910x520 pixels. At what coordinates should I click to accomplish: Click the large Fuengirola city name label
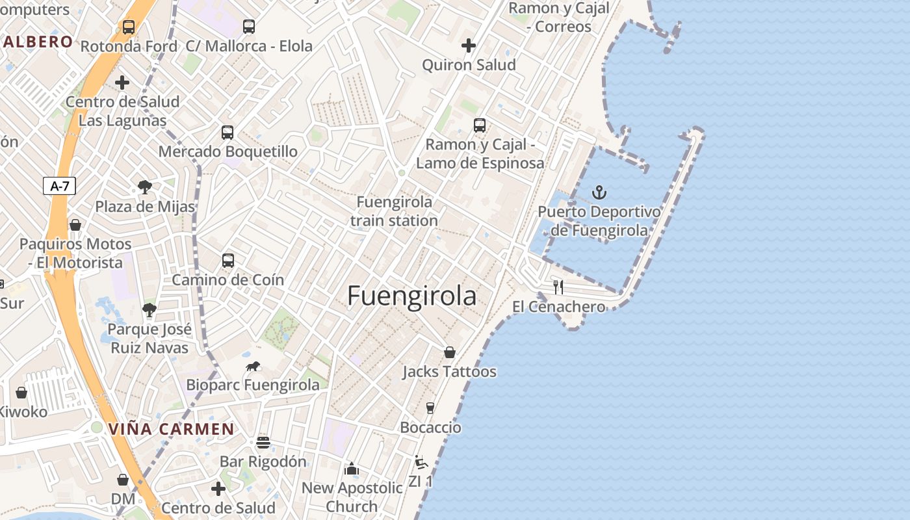[x=411, y=296]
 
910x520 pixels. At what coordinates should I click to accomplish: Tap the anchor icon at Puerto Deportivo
[x=599, y=192]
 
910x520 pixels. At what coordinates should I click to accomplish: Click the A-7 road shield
[x=59, y=186]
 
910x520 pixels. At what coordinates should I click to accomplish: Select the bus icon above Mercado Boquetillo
[x=227, y=133]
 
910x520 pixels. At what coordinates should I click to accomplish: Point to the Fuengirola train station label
[x=394, y=211]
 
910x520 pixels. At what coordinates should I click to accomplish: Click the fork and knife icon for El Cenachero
[x=558, y=287]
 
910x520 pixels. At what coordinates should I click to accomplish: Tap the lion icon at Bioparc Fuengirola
[x=253, y=367]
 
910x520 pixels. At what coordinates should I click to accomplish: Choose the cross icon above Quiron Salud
[x=468, y=45]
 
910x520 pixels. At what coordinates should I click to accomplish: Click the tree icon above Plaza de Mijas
[x=145, y=188]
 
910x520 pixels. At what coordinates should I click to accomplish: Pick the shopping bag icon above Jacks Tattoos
[x=449, y=352]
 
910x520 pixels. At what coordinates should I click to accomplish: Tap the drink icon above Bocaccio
[x=430, y=408]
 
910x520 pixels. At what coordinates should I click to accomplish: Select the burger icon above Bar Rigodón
[x=263, y=443]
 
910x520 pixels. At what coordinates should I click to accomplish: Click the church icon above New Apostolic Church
[x=352, y=468]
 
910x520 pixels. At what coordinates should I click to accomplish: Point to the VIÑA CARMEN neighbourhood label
[x=171, y=429]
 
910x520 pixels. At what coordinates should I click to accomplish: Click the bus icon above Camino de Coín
[x=227, y=261]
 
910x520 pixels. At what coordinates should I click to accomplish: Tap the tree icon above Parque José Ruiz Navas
[x=149, y=309]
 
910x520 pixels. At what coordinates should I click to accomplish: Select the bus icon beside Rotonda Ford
[x=129, y=27]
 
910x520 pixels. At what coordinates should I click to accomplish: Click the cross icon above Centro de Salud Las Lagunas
[x=122, y=83]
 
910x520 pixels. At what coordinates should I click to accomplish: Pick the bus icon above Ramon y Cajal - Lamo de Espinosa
[x=479, y=125]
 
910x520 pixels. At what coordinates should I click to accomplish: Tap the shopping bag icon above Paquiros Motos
[x=75, y=225]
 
